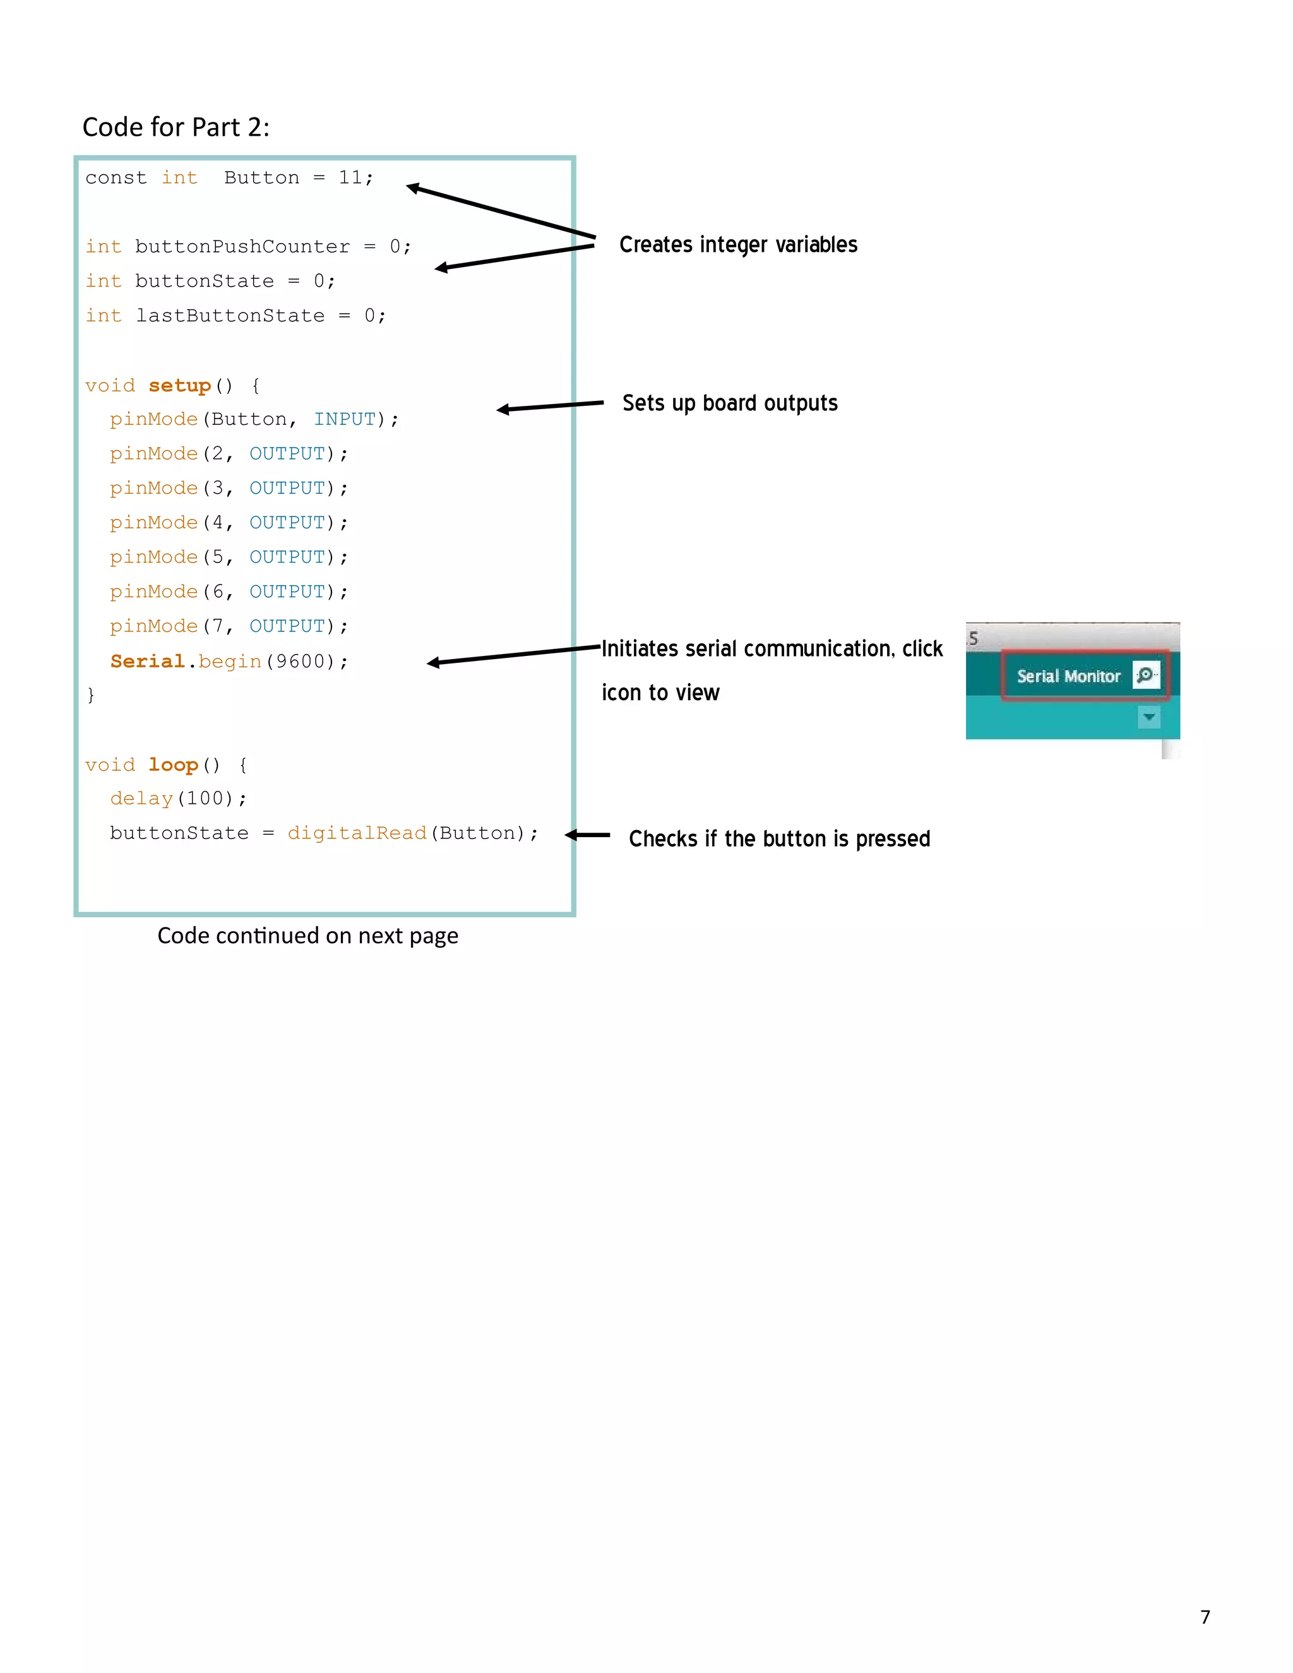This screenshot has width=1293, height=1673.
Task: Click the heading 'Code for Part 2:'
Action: (176, 127)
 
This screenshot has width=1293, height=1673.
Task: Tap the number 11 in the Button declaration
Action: (351, 178)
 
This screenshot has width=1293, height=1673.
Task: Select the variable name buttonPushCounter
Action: (242, 247)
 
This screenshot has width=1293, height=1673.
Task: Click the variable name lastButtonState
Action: (230, 316)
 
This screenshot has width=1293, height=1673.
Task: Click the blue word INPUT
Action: (345, 419)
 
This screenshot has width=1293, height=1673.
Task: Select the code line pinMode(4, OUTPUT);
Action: (229, 523)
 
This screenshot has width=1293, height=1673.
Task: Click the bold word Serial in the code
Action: (147, 661)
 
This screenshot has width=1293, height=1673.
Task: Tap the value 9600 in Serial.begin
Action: (301, 661)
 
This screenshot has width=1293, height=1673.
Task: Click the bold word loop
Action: (173, 765)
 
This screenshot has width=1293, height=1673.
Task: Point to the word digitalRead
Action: (357, 833)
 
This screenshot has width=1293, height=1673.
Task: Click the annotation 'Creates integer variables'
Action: (737, 244)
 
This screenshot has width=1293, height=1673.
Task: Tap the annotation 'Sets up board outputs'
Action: (729, 403)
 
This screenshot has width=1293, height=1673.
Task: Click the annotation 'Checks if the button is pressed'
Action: (779, 839)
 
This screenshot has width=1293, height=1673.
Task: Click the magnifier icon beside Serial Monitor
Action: (1146, 675)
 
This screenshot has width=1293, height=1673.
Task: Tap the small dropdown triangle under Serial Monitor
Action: (1148, 718)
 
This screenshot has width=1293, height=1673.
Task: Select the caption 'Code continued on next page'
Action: (307, 936)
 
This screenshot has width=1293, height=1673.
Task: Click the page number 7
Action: (1205, 1616)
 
